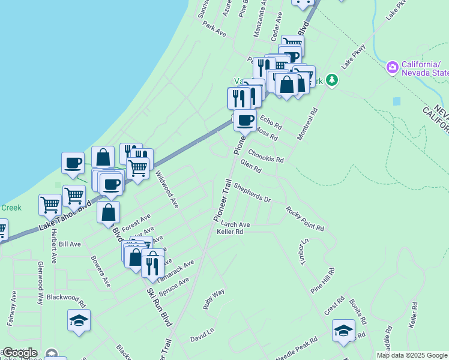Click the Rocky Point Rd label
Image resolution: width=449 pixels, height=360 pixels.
[304, 220]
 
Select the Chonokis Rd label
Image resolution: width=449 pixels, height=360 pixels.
[265, 156]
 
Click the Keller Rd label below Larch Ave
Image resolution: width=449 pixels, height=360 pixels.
[230, 232]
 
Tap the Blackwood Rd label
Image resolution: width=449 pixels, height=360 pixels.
[66, 297]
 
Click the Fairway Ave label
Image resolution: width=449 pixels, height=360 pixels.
[11, 308]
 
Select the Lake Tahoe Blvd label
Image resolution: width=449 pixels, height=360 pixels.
[65, 216]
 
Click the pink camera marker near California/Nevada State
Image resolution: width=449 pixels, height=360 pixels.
[393, 67]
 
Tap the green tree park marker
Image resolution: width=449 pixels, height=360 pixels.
[332, 81]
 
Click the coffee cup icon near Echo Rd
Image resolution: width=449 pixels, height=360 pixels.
[244, 120]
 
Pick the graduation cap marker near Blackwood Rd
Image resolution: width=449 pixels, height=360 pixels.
[79, 320]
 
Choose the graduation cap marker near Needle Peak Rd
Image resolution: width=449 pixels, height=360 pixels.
[343, 330]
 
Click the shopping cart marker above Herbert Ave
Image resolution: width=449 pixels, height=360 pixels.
[50, 204]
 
